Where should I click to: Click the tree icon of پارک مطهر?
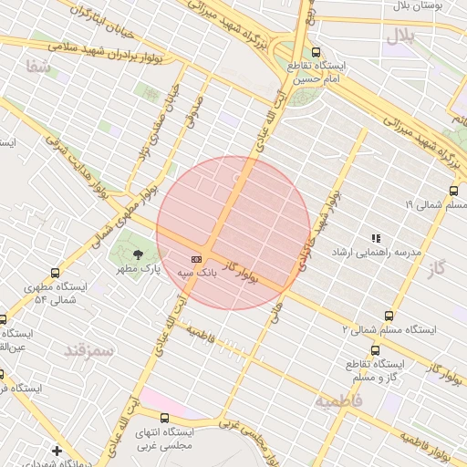138,255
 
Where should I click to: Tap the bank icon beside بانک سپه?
195,259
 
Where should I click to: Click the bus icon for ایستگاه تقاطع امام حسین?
316,52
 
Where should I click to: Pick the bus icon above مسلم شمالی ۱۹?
453,192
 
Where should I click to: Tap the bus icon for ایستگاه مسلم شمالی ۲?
389,315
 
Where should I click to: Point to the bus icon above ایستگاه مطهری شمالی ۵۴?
56,273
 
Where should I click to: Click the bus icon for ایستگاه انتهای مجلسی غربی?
163,417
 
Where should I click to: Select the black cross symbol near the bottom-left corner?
57,451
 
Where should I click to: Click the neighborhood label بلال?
400,36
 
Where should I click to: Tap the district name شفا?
37,66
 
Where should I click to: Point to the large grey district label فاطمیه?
339,400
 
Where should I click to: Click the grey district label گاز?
440,268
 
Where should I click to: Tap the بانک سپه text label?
197,273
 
